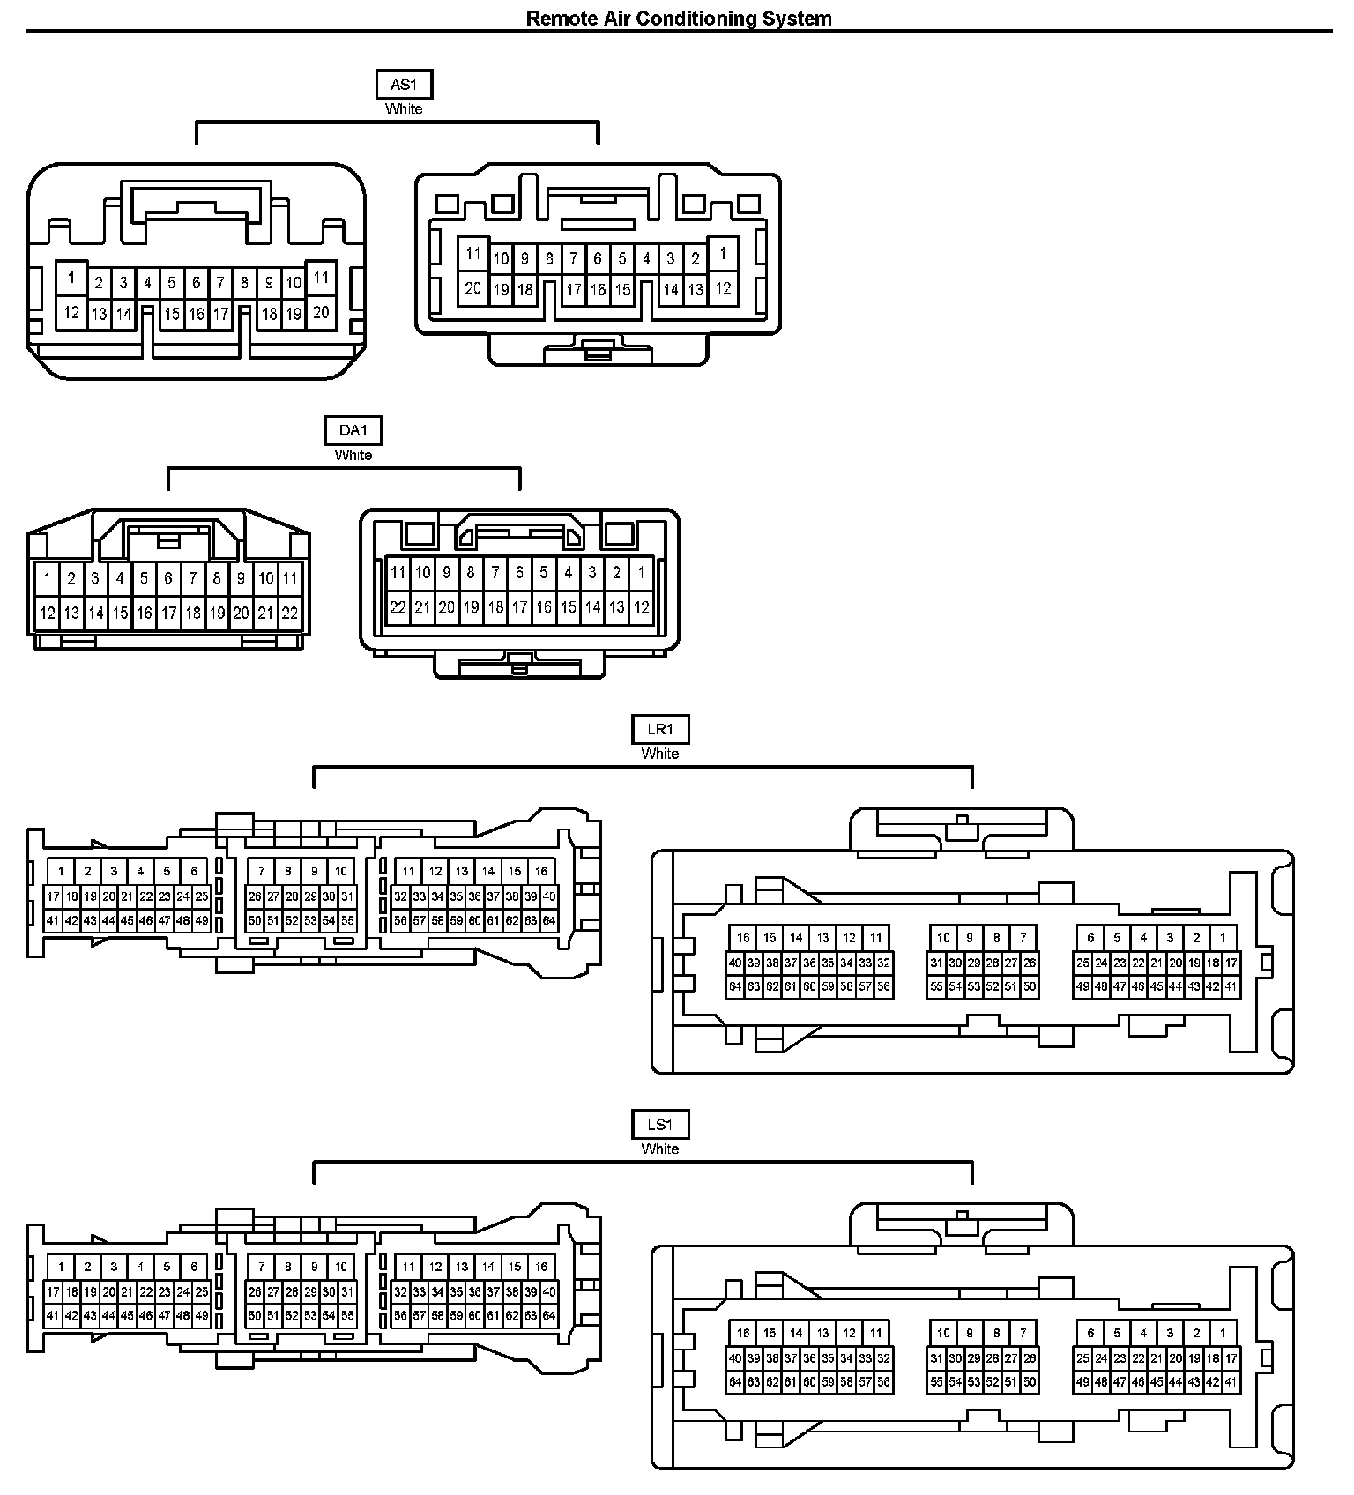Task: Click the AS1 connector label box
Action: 404,85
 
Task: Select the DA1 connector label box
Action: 353,430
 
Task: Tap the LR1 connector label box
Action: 660,729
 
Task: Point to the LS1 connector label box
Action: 660,1124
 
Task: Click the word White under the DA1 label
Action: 353,455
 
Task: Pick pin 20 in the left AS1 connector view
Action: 321,312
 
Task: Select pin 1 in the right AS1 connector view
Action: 723,254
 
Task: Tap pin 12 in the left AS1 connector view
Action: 71,312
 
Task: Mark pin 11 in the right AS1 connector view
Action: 473,254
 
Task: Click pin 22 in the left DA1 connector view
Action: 289,613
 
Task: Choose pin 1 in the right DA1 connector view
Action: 641,572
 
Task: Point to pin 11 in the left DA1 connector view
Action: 289,579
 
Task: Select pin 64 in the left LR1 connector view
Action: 549,920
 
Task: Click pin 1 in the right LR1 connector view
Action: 1223,938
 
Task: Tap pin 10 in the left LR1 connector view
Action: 341,871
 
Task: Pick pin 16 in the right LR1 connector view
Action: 743,938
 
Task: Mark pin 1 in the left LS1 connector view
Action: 61,1267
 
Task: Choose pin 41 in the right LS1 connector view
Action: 1231,1382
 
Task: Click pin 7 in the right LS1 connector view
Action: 1023,1333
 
